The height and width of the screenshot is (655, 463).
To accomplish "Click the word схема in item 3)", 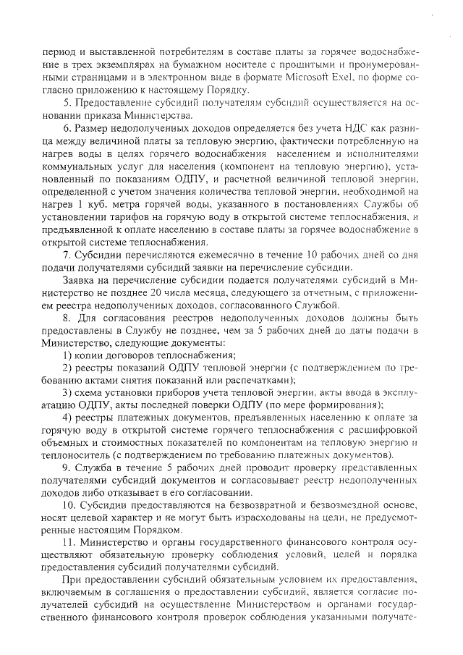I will point(90,392).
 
